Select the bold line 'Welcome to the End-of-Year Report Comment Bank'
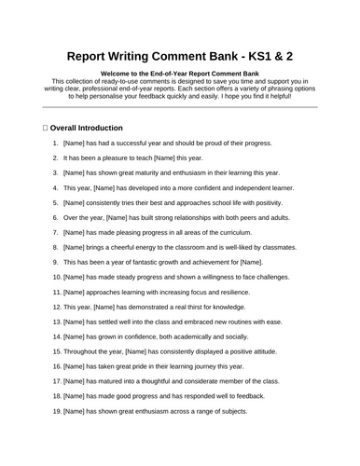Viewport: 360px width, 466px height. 180,73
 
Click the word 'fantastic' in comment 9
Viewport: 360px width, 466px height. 145,262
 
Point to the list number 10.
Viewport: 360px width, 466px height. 54,277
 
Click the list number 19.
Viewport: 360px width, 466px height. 54,411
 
